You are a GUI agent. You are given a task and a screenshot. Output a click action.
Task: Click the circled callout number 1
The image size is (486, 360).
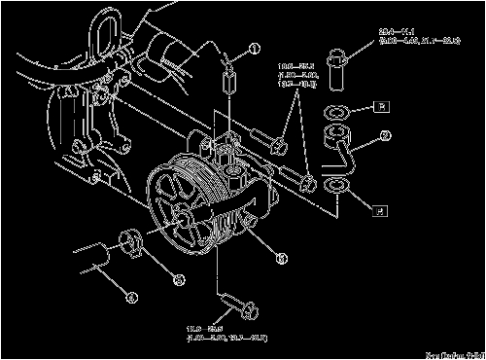tap(256, 48)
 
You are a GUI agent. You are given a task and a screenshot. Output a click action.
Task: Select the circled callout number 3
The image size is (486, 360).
tap(178, 280)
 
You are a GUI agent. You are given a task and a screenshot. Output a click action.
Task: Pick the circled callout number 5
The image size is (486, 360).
tap(280, 258)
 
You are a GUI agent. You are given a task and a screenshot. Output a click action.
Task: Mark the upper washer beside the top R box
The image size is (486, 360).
tap(335, 109)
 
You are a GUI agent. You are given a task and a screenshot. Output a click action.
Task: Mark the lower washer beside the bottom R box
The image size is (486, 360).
tap(336, 184)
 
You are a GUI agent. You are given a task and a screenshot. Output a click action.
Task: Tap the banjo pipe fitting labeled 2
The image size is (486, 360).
tap(343, 150)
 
